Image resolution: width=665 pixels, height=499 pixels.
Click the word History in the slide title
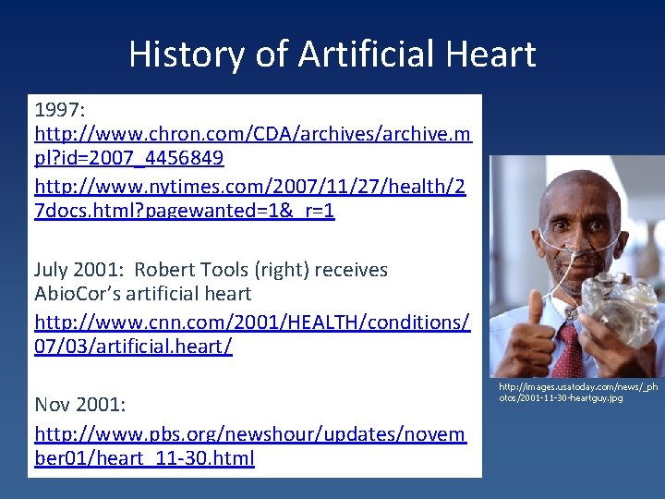(x=185, y=55)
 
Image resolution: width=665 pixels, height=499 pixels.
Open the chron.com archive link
(x=252, y=145)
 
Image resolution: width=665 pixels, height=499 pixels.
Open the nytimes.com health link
(x=249, y=199)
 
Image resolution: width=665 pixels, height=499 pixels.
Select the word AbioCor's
(x=82, y=294)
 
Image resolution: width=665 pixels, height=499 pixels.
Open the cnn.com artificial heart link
(x=251, y=334)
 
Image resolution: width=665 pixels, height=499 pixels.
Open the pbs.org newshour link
(x=249, y=445)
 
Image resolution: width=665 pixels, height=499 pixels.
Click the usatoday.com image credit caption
(x=578, y=392)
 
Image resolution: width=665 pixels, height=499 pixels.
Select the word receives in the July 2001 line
(x=351, y=270)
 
